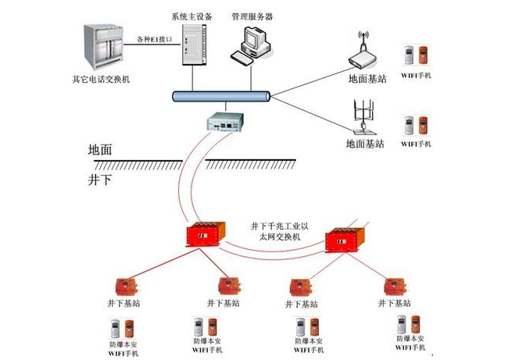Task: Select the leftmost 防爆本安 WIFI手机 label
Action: (x=124, y=348)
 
